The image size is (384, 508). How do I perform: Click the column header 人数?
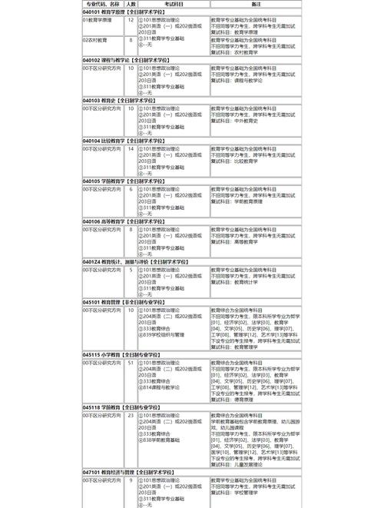click(131, 4)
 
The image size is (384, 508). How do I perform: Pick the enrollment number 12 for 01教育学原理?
click(131, 20)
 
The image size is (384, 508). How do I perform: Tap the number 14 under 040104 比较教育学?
click(131, 148)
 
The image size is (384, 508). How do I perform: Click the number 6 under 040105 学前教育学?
click(131, 188)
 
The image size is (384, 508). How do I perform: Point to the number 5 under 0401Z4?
click(131, 270)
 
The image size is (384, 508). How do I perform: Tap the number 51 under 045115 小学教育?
click(131, 361)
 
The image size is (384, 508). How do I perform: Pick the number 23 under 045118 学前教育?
click(131, 415)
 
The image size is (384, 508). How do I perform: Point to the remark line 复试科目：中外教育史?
click(239, 121)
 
